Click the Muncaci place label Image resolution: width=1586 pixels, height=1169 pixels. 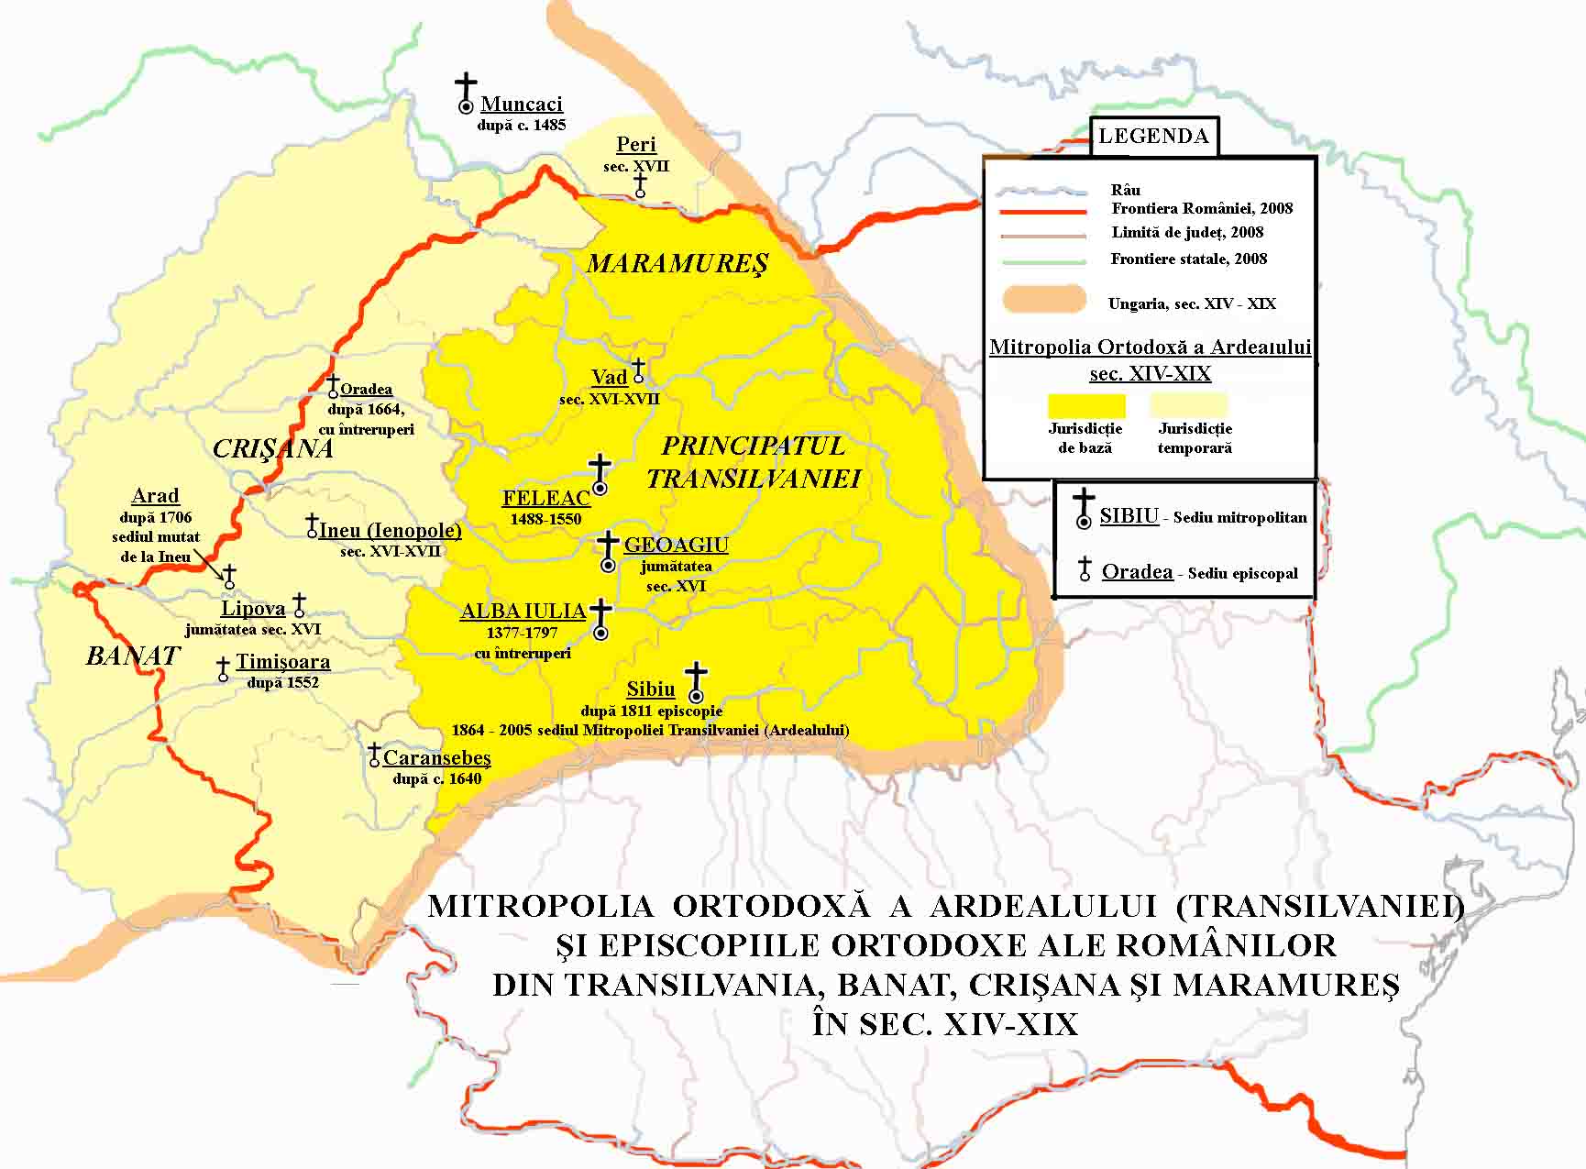click(521, 105)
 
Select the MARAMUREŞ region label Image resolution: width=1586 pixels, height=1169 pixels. click(677, 264)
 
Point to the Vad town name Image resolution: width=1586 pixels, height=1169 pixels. click(610, 378)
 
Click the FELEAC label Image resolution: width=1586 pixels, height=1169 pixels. click(546, 499)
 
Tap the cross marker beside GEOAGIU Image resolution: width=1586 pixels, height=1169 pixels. click(607, 552)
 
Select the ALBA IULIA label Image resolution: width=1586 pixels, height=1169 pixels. click(523, 612)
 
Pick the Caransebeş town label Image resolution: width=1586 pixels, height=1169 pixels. click(436, 758)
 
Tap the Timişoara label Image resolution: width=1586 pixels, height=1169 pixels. click(282, 662)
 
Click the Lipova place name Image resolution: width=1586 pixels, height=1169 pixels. click(253, 609)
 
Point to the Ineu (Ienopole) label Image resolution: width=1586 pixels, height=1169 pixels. click(390, 531)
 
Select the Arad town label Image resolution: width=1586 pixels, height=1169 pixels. click(155, 496)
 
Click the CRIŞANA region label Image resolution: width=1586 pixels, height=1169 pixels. click(272, 448)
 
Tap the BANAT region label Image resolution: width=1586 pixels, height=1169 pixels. click(133, 656)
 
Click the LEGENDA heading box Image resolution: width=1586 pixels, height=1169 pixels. click(1153, 137)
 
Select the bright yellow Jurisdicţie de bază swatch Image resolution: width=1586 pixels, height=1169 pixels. click(1086, 405)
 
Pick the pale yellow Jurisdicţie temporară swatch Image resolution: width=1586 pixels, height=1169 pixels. click(1188, 405)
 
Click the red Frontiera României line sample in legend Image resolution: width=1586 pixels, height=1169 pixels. click(1042, 211)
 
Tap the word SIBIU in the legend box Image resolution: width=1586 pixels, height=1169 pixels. click(1129, 516)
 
